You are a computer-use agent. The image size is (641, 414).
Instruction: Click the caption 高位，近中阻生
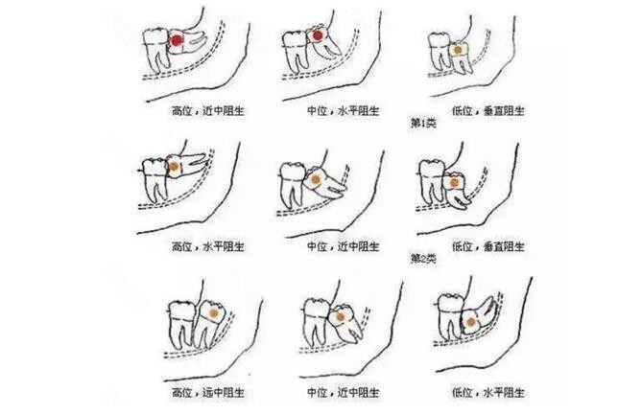coord(208,110)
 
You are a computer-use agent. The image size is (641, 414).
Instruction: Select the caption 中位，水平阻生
coord(344,110)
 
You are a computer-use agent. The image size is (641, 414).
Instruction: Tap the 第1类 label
coord(423,123)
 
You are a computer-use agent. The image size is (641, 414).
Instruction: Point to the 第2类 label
coord(423,259)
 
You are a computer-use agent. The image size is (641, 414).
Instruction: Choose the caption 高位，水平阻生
coord(208,246)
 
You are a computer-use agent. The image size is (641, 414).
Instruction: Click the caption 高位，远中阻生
coord(208,393)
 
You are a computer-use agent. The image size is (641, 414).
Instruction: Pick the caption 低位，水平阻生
coord(488,393)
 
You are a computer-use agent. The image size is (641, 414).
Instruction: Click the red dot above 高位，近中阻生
coord(177,40)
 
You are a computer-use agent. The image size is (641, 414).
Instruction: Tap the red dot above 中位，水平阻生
coord(318,36)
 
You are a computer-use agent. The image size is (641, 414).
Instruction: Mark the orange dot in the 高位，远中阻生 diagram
coord(214,313)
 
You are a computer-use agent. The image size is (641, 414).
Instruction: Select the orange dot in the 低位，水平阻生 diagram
coord(471,322)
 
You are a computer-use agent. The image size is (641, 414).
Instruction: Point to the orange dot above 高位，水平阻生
coord(175,167)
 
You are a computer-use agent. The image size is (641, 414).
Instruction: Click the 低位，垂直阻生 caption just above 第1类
coord(488,110)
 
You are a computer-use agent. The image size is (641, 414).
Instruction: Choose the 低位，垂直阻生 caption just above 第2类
coord(488,246)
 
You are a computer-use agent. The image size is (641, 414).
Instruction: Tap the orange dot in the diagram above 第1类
coord(458,50)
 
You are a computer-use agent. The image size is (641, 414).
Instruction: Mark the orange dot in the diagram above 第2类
coord(454,182)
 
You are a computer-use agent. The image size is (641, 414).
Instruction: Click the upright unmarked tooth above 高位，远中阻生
coord(181,324)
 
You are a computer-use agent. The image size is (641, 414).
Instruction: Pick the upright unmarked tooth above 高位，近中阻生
coord(156,49)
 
